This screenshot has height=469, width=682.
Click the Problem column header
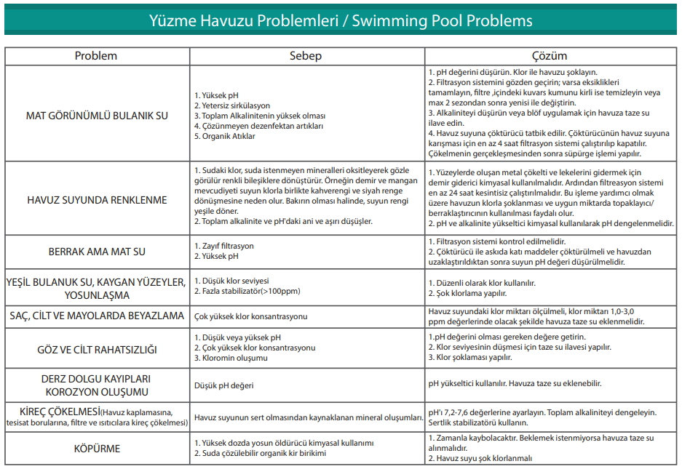click(x=97, y=56)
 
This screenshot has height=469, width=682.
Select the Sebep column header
click(x=306, y=56)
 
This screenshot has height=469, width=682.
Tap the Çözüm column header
click(x=550, y=56)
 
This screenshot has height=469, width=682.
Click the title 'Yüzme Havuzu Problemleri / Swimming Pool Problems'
click(x=341, y=20)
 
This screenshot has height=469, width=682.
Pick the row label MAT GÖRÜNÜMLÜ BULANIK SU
click(x=97, y=116)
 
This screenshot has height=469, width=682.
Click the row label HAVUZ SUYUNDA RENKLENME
click(x=97, y=200)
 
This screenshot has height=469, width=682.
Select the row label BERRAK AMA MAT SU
click(x=97, y=252)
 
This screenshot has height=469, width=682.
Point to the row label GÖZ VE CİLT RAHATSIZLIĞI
click(x=97, y=350)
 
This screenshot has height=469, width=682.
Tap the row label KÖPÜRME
click(x=97, y=449)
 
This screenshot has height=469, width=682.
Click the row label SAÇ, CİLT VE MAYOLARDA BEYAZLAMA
click(x=97, y=316)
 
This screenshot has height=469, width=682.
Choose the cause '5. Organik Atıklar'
click(x=225, y=136)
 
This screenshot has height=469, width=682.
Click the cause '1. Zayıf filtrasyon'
click(x=224, y=246)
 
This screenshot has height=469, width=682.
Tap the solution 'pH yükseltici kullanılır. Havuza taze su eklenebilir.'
click(x=515, y=383)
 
